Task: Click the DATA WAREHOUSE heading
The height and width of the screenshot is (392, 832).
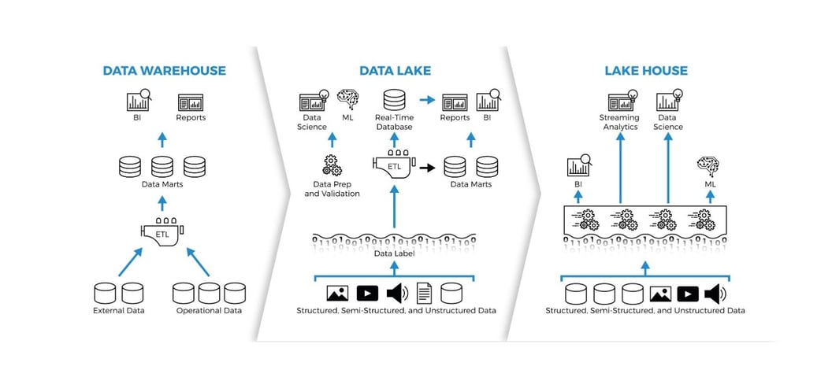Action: click(164, 71)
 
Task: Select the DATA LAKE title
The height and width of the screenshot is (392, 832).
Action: click(395, 71)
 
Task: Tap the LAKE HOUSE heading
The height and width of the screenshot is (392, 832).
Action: click(645, 71)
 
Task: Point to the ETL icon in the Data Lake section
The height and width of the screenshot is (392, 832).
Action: click(394, 164)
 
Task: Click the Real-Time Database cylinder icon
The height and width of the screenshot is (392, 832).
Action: click(394, 101)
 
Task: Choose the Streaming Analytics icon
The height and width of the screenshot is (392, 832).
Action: click(619, 101)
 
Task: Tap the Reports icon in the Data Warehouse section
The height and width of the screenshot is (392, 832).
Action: click(191, 102)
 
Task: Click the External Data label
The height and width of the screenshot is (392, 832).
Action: click(118, 310)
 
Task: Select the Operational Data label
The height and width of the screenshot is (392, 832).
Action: click(209, 310)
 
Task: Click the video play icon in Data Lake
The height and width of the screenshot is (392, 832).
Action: click(367, 294)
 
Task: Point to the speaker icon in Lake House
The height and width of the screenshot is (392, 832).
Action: click(715, 294)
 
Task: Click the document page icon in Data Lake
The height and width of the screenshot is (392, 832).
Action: click(424, 294)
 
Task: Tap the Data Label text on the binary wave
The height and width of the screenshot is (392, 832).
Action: click(394, 253)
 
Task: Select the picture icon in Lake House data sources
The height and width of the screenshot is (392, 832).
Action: click(659, 294)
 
